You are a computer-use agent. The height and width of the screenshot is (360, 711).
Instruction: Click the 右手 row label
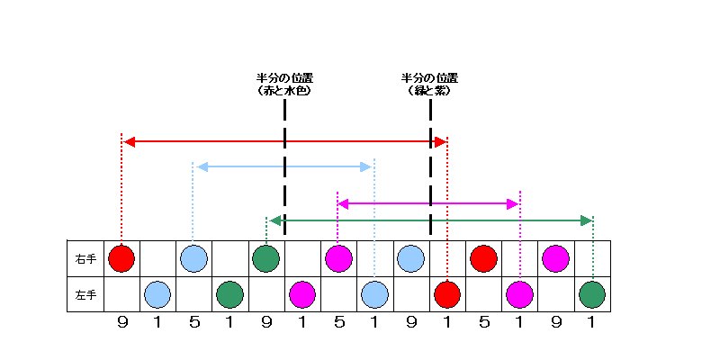coord(85,259)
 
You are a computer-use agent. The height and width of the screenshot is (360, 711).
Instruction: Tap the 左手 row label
coord(85,294)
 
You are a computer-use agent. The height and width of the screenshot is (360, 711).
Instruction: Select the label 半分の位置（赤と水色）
coord(284,85)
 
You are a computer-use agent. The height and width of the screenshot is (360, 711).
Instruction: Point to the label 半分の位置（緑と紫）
coord(429,85)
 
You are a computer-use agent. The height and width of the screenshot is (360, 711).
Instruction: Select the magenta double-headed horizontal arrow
coord(428,203)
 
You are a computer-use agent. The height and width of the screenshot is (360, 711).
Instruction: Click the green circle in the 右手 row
coord(265,259)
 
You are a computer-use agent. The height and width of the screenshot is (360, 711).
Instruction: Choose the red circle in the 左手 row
coord(447,294)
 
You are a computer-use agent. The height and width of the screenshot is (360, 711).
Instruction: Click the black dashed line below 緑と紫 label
coord(430,171)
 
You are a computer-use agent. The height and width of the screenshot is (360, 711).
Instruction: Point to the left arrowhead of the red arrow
coord(129,141)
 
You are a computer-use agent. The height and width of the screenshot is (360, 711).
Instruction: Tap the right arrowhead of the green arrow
coord(587,220)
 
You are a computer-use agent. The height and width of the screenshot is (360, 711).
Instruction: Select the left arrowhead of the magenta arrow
coord(343,203)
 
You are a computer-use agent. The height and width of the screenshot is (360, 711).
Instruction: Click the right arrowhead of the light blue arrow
coord(366,166)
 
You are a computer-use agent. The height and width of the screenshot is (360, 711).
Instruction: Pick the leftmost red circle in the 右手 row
coord(121,259)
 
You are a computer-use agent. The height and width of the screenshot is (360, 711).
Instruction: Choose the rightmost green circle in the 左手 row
coord(591,294)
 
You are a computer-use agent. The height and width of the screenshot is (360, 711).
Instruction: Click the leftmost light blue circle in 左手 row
coord(157,294)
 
